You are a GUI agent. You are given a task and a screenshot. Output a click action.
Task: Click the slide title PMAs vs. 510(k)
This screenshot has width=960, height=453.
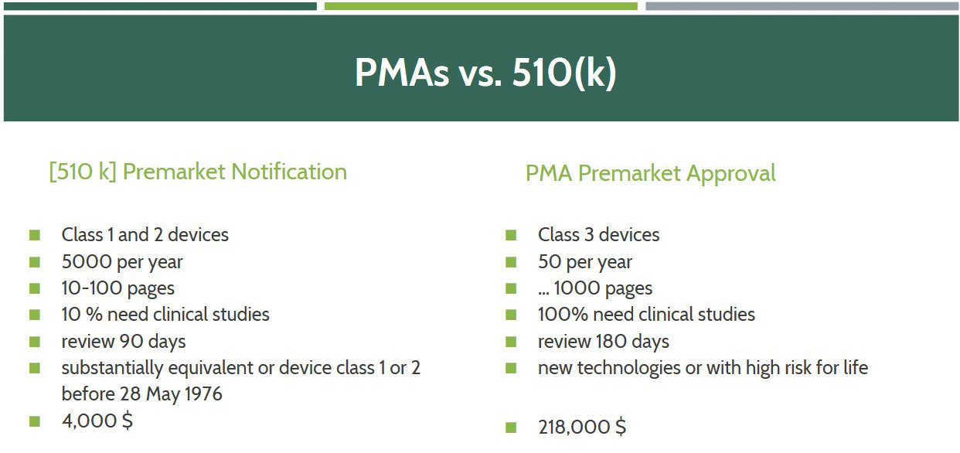pyautogui.click(x=485, y=72)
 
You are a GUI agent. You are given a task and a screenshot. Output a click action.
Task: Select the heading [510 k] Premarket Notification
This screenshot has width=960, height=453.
pyautogui.click(x=198, y=172)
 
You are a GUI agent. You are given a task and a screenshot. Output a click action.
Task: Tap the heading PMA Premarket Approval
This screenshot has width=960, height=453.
pyautogui.click(x=651, y=174)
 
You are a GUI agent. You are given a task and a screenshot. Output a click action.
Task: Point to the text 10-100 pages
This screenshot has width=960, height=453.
pyautogui.click(x=117, y=289)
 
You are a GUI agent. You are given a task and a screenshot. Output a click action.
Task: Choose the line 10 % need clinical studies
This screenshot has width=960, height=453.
pyautogui.click(x=165, y=314)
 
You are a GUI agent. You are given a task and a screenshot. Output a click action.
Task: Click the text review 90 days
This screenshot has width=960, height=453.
pyautogui.click(x=124, y=342)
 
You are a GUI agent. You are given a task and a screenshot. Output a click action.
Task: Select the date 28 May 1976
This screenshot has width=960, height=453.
pyautogui.click(x=171, y=394)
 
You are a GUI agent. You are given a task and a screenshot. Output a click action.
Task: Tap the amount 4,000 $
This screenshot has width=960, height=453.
pyautogui.click(x=97, y=421)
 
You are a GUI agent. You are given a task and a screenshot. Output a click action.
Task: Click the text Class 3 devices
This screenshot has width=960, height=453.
pyautogui.click(x=599, y=235)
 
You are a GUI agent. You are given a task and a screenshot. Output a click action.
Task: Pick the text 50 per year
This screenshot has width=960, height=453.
pyautogui.click(x=585, y=262)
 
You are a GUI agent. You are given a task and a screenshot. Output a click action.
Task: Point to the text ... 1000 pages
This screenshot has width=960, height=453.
pyautogui.click(x=595, y=289)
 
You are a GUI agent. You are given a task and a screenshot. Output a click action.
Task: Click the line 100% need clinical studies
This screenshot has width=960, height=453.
pyautogui.click(x=646, y=314)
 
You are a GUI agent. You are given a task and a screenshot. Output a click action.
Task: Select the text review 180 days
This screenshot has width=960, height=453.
pyautogui.click(x=604, y=342)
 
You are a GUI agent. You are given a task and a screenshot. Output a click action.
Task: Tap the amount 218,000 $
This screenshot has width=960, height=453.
pyautogui.click(x=582, y=427)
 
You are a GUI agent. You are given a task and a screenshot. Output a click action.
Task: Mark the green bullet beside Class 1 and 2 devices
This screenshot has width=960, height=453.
pyautogui.click(x=35, y=235)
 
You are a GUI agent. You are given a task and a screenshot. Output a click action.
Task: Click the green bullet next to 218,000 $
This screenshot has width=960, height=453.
pyautogui.click(x=511, y=427)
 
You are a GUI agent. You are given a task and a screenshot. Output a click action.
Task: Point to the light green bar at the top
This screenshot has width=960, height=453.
pyautogui.click(x=481, y=6)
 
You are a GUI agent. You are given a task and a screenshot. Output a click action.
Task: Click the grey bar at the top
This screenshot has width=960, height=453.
pyautogui.click(x=802, y=6)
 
